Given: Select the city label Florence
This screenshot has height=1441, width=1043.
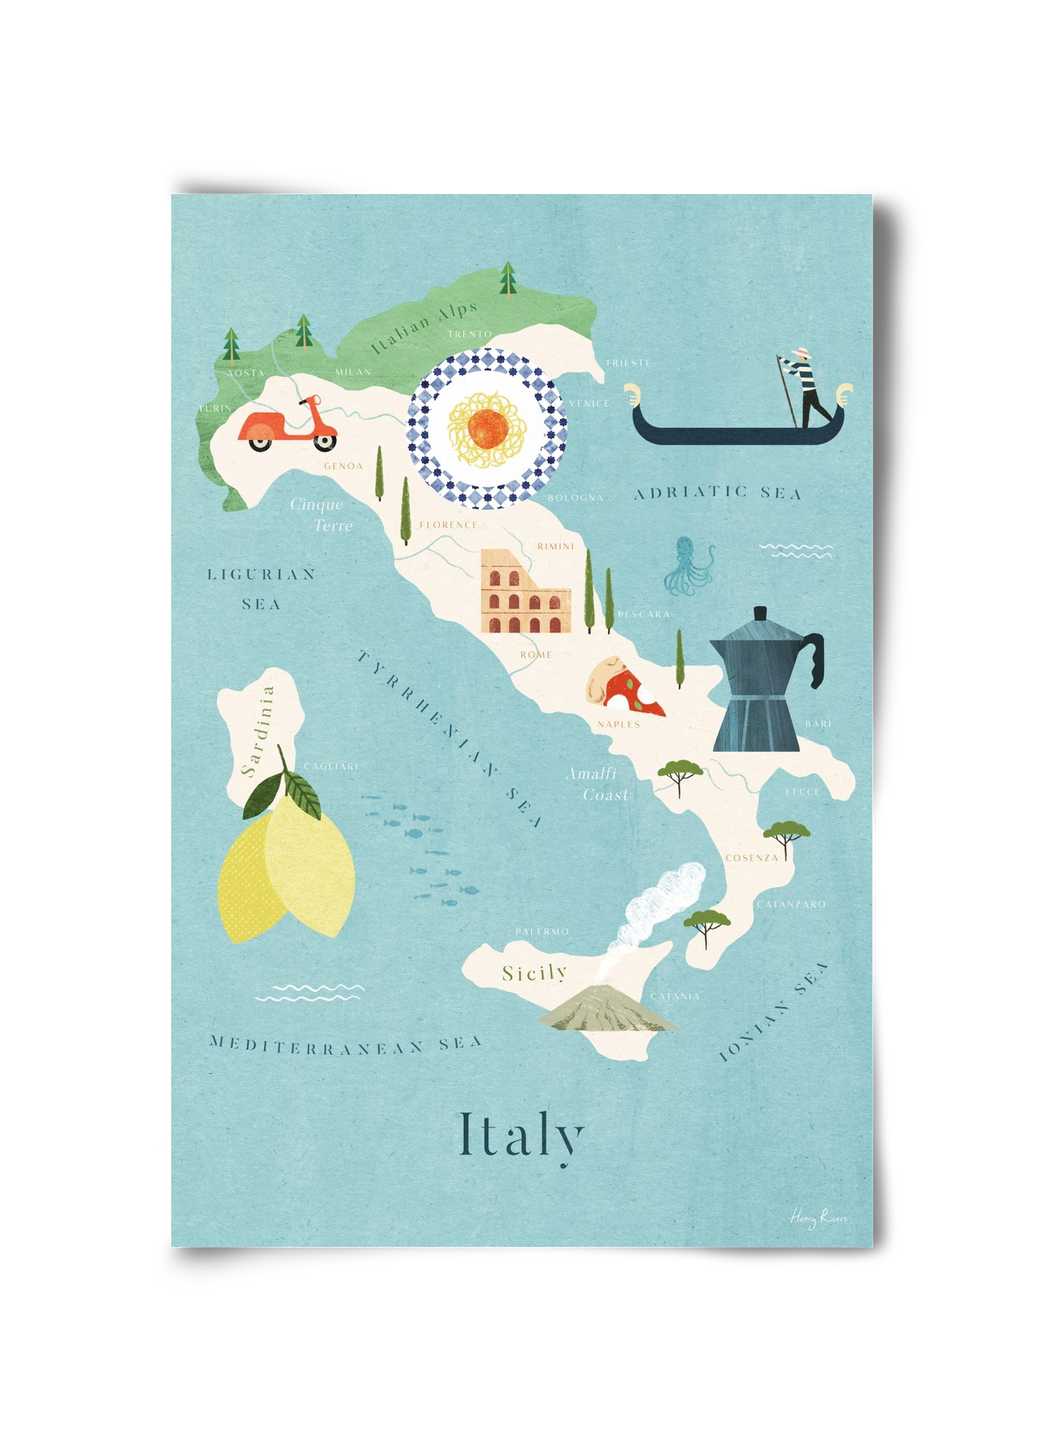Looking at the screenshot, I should pyautogui.click(x=448, y=525).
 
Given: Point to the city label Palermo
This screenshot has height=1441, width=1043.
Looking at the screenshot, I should pyautogui.click(x=541, y=932).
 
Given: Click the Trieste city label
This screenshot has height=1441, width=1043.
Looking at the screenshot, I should pyautogui.click(x=627, y=363).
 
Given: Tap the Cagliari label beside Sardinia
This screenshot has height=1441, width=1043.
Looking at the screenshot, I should pyautogui.click(x=330, y=767).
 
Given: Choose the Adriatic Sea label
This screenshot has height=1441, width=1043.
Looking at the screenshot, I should pyautogui.click(x=717, y=493).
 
